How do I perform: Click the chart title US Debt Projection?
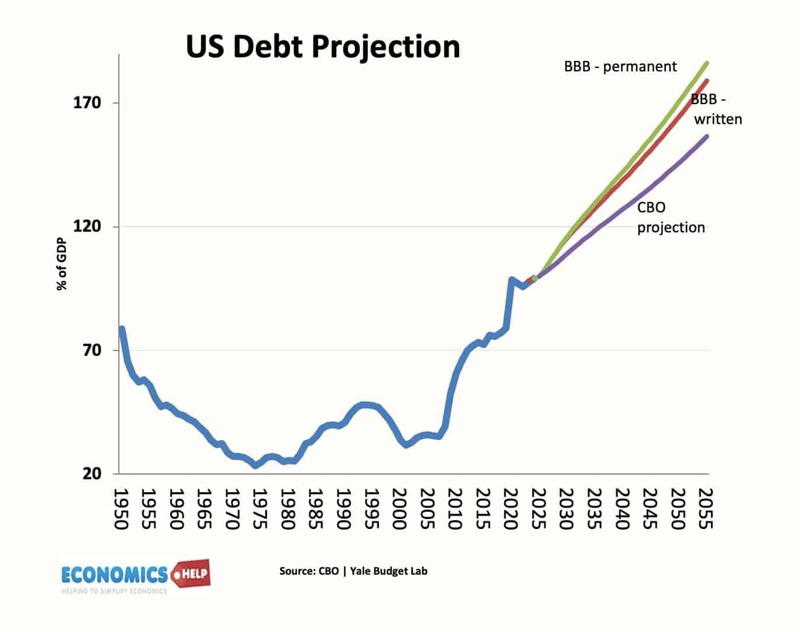click(x=323, y=46)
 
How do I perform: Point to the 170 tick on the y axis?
click(x=87, y=103)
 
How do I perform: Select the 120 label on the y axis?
click(x=87, y=226)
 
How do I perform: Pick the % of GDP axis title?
click(x=62, y=264)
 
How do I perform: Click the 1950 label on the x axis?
click(x=121, y=509)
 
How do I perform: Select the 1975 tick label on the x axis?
click(x=259, y=509)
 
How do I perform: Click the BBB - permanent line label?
click(x=620, y=67)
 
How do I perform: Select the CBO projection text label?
click(x=671, y=218)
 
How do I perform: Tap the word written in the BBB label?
click(x=718, y=119)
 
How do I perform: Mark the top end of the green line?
click(x=707, y=63)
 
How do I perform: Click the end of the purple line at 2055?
click(x=707, y=137)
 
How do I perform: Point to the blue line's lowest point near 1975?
click(x=255, y=465)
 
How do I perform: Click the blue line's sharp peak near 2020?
click(x=511, y=280)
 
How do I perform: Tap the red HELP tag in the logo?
click(x=191, y=573)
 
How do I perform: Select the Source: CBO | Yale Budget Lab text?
click(x=353, y=571)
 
